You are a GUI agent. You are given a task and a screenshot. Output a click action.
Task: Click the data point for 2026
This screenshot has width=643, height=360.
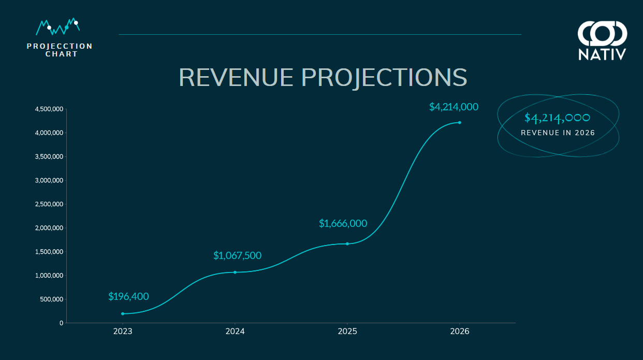tap(459, 122)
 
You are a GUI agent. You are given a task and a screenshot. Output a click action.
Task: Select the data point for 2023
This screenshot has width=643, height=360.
tap(123, 313)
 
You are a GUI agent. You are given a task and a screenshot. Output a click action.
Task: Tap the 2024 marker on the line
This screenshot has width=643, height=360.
tap(235, 272)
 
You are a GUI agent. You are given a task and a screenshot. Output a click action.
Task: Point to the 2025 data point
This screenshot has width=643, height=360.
tap(347, 243)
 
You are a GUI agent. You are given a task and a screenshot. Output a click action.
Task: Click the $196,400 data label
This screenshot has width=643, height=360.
tap(128, 297)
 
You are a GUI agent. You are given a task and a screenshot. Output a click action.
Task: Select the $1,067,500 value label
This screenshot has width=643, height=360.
tap(237, 255)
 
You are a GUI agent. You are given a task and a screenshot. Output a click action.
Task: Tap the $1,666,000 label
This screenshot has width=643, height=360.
tap(343, 223)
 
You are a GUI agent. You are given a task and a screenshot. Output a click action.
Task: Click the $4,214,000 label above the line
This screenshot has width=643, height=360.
tap(454, 107)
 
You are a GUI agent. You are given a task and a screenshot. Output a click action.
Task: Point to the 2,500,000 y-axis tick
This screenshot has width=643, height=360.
tap(49, 204)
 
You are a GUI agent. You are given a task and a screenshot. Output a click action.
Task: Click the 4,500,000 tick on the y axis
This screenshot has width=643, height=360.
tap(49, 109)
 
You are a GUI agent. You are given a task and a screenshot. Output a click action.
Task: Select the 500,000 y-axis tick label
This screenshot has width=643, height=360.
tap(51, 299)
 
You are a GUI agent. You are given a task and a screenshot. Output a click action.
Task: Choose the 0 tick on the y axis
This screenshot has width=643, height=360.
tap(61, 323)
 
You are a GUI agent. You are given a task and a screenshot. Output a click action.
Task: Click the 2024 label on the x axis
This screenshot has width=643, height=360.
tap(235, 332)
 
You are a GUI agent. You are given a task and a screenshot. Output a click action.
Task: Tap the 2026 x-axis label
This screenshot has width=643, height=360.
tap(460, 332)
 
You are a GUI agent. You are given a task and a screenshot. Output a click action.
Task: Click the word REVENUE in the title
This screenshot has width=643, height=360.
tap(236, 77)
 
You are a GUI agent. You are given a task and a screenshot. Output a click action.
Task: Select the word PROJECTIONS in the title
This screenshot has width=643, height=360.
tap(384, 77)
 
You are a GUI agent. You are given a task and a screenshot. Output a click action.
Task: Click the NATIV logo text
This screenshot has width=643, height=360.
tap(602, 54)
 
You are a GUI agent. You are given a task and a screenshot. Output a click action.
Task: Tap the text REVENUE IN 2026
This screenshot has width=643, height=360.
tap(558, 133)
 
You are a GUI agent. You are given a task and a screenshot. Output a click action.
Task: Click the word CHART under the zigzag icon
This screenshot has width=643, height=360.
tap(62, 54)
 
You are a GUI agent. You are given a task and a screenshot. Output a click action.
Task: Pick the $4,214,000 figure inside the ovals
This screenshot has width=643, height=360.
tap(558, 118)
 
